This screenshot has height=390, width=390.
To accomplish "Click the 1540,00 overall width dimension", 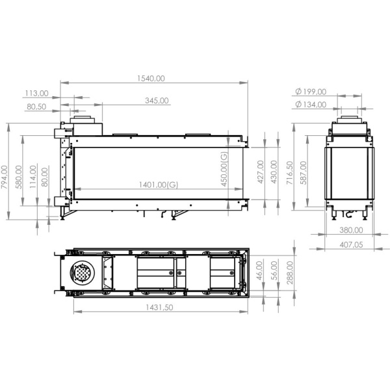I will pyautogui.click(x=151, y=78).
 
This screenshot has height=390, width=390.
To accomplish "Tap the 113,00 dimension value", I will pyautogui.click(x=36, y=93).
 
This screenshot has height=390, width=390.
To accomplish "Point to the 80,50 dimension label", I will pyautogui.click(x=36, y=107).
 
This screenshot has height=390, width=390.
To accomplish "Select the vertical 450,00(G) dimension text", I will pyautogui.click(x=223, y=168).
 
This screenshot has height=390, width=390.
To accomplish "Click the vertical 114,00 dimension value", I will pyautogui.click(x=32, y=177).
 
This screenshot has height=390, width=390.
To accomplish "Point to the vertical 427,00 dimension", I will pyautogui.click(x=261, y=172).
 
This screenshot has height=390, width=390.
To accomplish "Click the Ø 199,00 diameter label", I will pyautogui.click(x=310, y=92).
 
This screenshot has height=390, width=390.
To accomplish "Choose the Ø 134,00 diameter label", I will pyautogui.click(x=310, y=105).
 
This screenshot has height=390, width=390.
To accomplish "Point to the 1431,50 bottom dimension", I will pyautogui.click(x=156, y=307).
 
